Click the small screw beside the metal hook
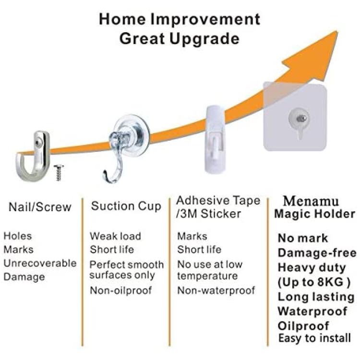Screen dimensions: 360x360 (59, 172)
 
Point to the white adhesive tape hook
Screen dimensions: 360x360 (215, 140)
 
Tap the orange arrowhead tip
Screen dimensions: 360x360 (337, 31)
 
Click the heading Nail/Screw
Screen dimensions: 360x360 (40, 207)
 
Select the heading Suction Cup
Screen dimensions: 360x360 (126, 206)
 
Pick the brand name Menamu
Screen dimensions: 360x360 (311, 201)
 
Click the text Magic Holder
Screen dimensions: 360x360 (314, 214)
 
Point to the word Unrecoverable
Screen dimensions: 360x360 (40, 263)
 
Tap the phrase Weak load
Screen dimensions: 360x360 (115, 236)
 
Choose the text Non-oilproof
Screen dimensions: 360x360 (121, 290)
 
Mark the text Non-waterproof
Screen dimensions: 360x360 (216, 290)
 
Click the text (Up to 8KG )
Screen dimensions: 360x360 (314, 282)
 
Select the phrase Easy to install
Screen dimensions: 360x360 (314, 338)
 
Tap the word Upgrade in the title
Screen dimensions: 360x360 (204, 39)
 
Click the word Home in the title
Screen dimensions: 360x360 (122, 19)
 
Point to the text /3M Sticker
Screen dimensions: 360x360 (208, 214)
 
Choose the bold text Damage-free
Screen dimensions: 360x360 (317, 253)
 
